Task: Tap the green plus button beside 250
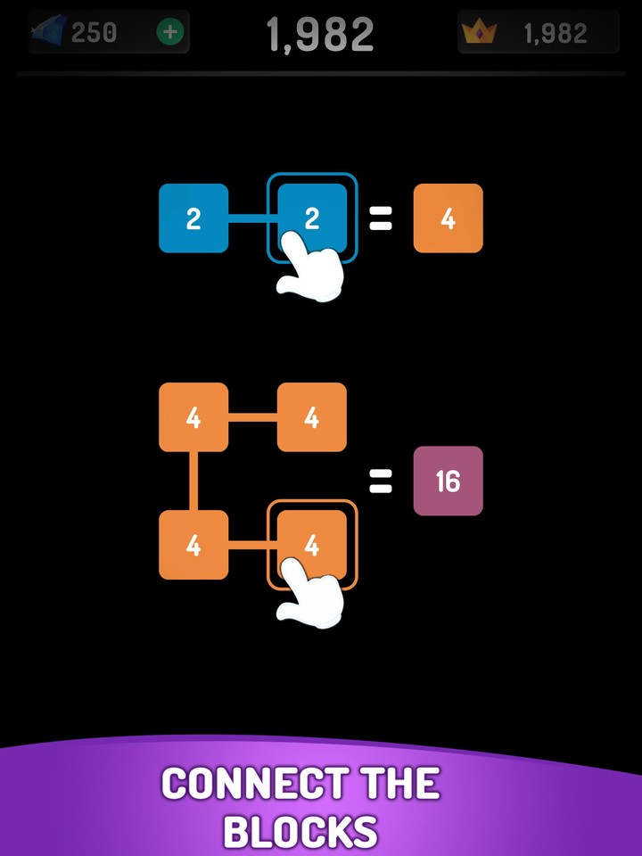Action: click(x=169, y=33)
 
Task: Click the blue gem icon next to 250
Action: click(x=49, y=33)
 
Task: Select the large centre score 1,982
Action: click(x=320, y=35)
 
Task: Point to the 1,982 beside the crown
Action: click(x=555, y=34)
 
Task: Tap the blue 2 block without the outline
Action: click(x=193, y=218)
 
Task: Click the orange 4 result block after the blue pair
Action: click(x=448, y=218)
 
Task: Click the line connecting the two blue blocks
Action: click(x=252, y=218)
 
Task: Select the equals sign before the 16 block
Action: click(x=381, y=482)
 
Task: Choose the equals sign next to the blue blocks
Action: click(x=381, y=219)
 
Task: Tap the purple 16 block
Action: click(x=448, y=481)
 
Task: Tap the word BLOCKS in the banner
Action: click(x=300, y=831)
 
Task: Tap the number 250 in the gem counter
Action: click(x=94, y=33)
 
